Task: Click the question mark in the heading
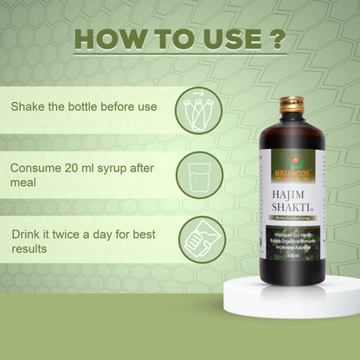point(274,39)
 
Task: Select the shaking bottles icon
point(198,111)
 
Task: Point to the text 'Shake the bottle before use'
point(84,107)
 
